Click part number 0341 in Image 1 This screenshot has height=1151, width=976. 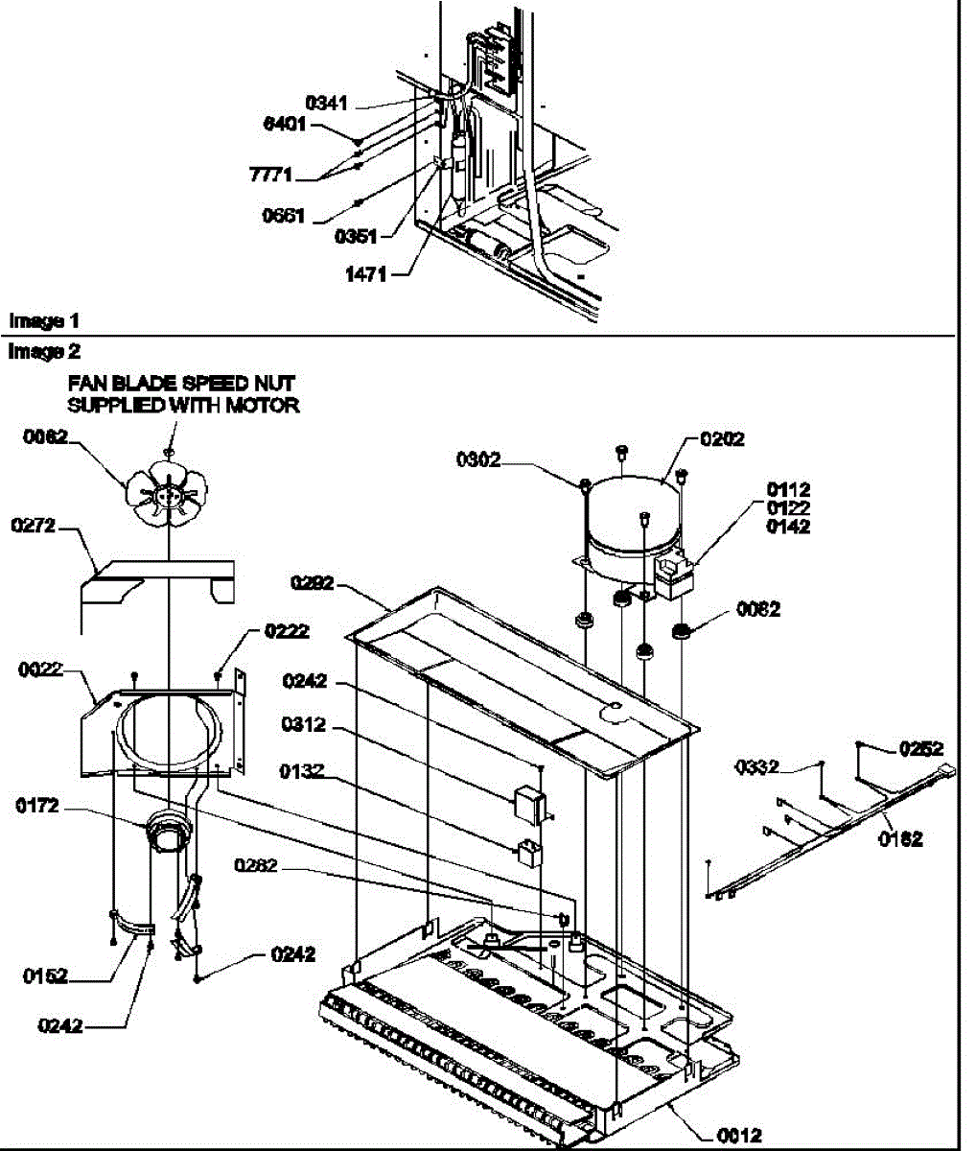(x=327, y=104)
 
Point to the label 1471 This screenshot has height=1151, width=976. (x=365, y=274)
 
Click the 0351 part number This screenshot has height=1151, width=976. (x=357, y=235)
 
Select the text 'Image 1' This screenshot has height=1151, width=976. (x=37, y=320)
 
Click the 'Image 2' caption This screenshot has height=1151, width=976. (x=37, y=352)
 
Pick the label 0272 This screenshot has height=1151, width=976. (x=34, y=527)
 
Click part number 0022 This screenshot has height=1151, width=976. (x=40, y=669)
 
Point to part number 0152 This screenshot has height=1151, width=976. (x=45, y=976)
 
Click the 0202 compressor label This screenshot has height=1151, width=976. (x=722, y=439)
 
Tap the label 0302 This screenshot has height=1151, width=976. (x=477, y=459)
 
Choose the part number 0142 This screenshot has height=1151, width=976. (x=787, y=527)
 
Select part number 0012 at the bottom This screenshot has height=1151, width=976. (x=738, y=1136)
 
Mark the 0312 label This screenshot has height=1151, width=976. (x=304, y=726)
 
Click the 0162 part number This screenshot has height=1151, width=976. (x=900, y=839)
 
